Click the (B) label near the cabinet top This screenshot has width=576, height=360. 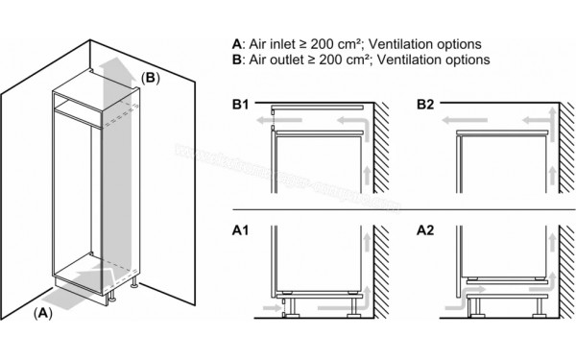pyautogui.click(x=150, y=76)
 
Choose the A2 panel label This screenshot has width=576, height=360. pyautogui.click(x=425, y=230)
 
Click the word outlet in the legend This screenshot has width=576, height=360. pyautogui.click(x=282, y=60)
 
